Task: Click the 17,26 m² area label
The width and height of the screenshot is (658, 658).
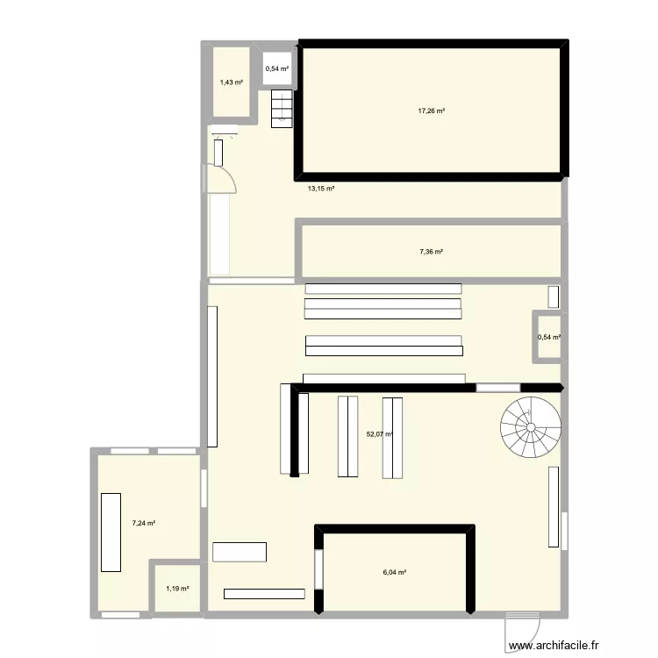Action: (x=431, y=111)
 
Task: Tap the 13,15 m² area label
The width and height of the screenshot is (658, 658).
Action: (x=320, y=188)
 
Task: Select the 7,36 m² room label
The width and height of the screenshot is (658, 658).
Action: (x=431, y=252)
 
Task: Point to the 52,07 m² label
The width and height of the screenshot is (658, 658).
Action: (x=380, y=433)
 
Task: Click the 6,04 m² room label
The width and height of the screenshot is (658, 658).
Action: (x=394, y=572)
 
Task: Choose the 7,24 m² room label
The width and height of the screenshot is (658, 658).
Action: (x=144, y=523)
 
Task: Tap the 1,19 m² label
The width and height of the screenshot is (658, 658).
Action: (x=177, y=589)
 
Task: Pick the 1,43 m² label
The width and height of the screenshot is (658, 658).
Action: (x=232, y=82)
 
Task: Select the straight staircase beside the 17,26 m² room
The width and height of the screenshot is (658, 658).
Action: (x=281, y=108)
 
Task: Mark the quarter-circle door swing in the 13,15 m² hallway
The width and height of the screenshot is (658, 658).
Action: (x=223, y=179)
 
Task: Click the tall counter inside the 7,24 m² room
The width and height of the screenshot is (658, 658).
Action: (x=111, y=533)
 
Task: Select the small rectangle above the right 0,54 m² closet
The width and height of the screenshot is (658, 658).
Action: (x=553, y=296)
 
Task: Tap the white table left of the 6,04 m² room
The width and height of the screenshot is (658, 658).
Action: (x=240, y=552)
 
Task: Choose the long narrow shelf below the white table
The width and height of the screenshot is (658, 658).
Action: (x=264, y=594)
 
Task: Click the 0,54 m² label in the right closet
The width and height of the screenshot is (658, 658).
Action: (x=549, y=337)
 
